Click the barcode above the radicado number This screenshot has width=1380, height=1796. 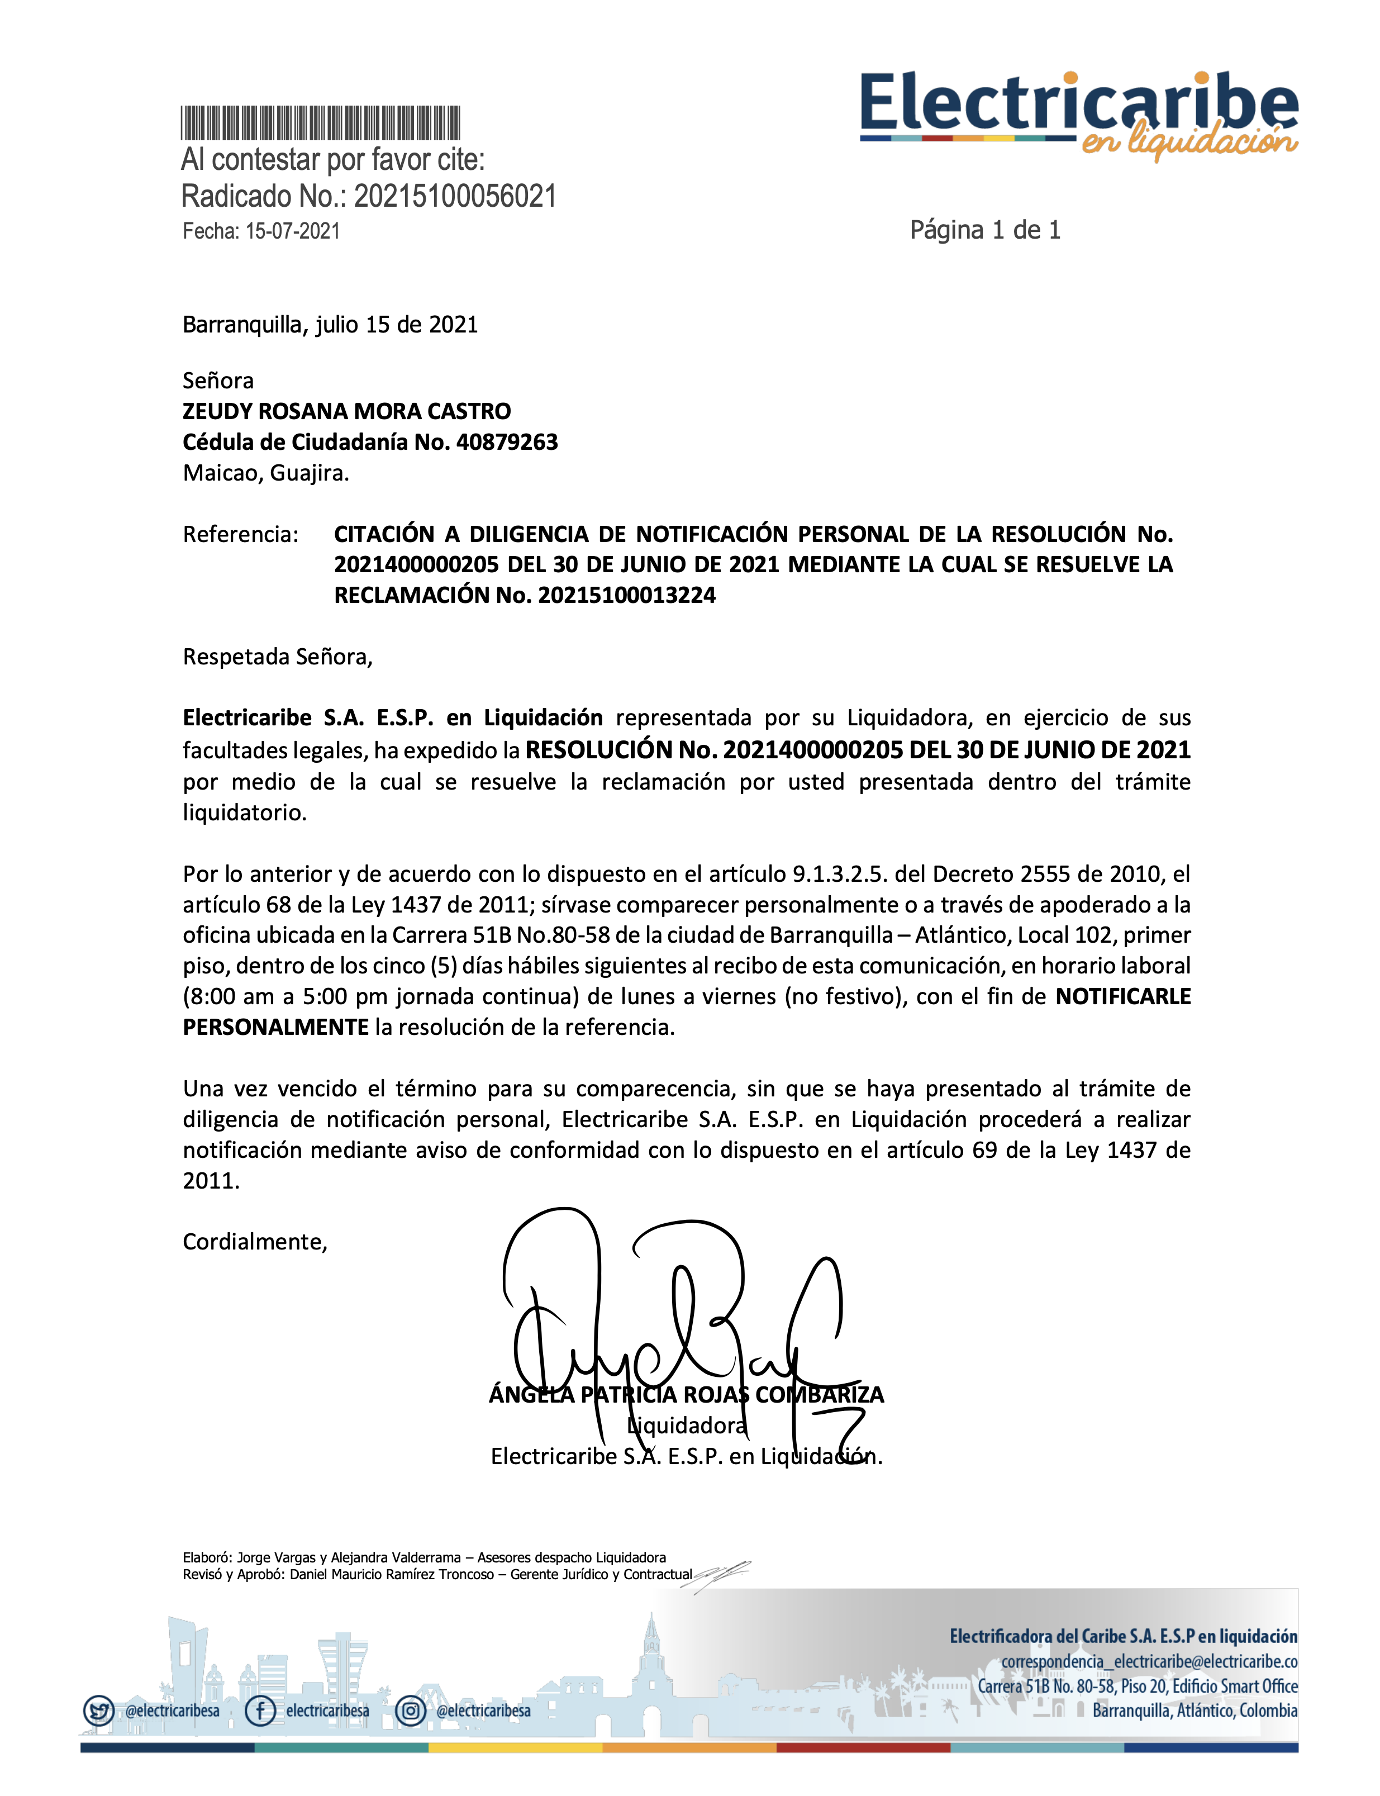320,123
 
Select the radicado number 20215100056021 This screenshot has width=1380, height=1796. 455,196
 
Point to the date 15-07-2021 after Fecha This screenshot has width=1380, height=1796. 292,232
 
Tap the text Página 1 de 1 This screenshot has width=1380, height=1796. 985,230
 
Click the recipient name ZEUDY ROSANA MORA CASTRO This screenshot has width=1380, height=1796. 346,411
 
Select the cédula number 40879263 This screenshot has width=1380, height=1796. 507,442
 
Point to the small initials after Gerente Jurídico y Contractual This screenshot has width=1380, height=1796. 721,1574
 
